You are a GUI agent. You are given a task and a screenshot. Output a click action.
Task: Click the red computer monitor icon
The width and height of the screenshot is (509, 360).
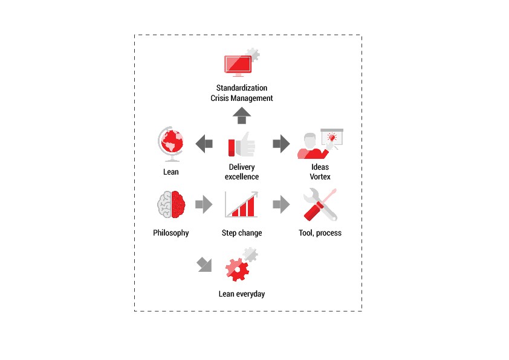[x=238, y=65]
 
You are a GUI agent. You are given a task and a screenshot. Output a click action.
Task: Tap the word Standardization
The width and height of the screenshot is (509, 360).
[x=242, y=88]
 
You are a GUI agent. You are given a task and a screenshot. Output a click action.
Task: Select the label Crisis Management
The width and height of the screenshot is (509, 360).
[x=242, y=98]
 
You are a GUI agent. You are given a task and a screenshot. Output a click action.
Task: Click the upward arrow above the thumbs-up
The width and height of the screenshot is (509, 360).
[x=242, y=116]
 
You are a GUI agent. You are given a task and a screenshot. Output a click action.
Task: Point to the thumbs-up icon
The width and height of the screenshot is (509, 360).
[x=242, y=145]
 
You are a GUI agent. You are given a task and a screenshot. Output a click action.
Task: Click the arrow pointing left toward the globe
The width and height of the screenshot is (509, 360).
[x=204, y=144]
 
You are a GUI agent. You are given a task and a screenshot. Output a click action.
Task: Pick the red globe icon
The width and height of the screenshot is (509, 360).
[x=171, y=144]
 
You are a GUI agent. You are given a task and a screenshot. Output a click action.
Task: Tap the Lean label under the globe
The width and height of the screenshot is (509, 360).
[x=171, y=172]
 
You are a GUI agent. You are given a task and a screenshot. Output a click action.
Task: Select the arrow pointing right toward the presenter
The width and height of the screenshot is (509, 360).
[x=281, y=144]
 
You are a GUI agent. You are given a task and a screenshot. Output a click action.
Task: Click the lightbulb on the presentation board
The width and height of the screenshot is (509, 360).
[x=332, y=137]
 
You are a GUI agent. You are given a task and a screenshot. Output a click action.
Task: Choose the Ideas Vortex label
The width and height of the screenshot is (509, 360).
[x=320, y=172]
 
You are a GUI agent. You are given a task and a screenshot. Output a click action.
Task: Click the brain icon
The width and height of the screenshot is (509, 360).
[x=172, y=204]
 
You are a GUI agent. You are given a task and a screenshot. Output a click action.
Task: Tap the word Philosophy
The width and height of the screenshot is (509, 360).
[x=171, y=233]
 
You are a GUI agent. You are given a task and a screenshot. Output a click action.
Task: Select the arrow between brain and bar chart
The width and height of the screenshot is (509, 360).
[x=204, y=204]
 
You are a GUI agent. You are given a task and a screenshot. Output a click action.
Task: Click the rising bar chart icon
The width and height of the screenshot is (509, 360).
[x=242, y=204]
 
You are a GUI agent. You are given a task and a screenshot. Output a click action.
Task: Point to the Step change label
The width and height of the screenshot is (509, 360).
[x=242, y=233]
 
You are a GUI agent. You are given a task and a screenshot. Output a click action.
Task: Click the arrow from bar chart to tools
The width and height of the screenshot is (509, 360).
[x=281, y=204]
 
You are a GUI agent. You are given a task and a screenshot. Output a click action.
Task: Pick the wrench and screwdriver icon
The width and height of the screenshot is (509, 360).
[x=320, y=205]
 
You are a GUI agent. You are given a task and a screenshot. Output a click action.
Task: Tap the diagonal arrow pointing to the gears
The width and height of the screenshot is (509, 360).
[x=204, y=265]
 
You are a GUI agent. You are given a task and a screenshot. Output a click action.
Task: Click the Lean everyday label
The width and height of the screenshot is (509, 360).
[x=242, y=294]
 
